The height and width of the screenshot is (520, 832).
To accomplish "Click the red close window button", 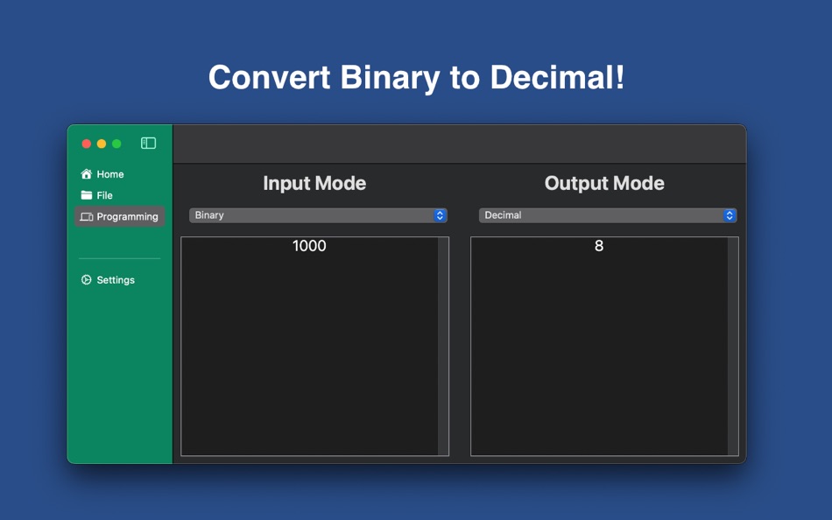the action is (87, 144).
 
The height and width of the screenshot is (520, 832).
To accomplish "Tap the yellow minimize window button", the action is (102, 144).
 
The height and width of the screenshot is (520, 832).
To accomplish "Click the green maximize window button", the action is (116, 144).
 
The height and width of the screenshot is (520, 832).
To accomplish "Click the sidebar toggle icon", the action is (148, 144).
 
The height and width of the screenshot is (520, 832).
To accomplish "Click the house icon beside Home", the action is (86, 174).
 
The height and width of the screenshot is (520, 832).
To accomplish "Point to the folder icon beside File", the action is (86, 195).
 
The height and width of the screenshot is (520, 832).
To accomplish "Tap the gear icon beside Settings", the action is (86, 279).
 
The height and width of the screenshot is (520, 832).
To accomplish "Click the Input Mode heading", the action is (314, 183).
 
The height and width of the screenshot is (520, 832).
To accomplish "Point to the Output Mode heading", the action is (604, 183).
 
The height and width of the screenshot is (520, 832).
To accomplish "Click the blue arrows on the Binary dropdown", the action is (440, 215).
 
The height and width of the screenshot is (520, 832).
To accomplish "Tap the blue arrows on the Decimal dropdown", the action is (730, 215).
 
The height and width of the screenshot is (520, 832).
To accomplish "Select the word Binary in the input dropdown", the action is (209, 214).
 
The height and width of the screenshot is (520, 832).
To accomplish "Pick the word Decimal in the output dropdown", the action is (503, 214).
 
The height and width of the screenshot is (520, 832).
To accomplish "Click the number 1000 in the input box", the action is (309, 246).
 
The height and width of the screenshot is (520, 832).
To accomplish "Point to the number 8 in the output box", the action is (599, 246).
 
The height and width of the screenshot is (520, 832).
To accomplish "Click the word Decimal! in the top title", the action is (557, 77).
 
